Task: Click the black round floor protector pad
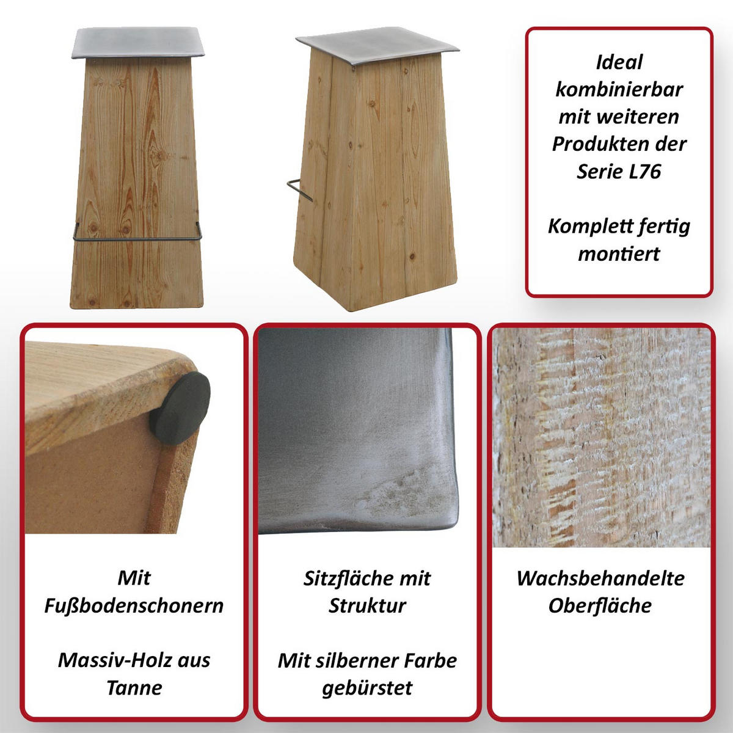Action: click(x=180, y=408)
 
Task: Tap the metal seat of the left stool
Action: click(x=137, y=42)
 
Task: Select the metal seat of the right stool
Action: click(x=377, y=45)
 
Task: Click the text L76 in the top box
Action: click(x=645, y=171)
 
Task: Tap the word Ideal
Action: click(x=619, y=62)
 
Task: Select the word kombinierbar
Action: click(x=619, y=90)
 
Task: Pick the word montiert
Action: click(x=619, y=253)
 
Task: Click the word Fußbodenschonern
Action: click(x=134, y=606)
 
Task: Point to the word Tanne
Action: click(x=134, y=687)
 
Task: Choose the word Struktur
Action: click(x=367, y=606)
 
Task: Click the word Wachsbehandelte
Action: click(x=600, y=578)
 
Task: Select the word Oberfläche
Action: click(x=600, y=606)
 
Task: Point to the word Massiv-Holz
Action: click(x=115, y=660)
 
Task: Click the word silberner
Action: click(x=357, y=661)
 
